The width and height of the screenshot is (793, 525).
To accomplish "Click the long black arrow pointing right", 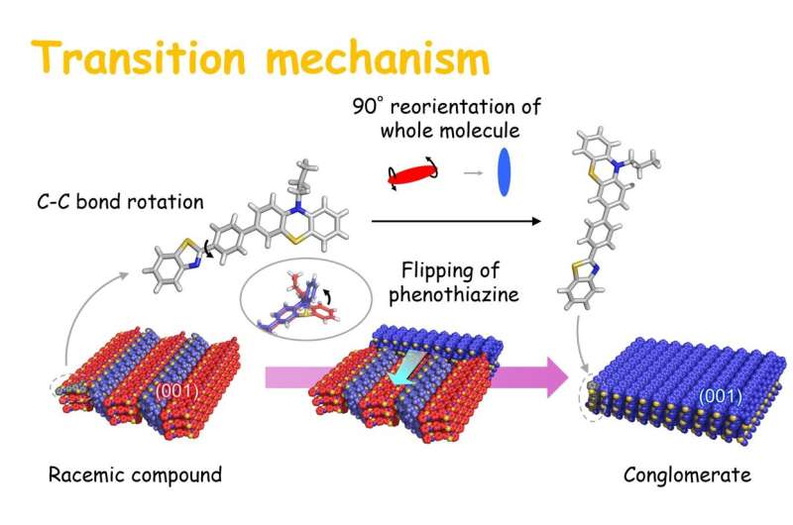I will pos(456,221).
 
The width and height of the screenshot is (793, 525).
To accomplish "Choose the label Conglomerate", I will pos(687,475).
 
